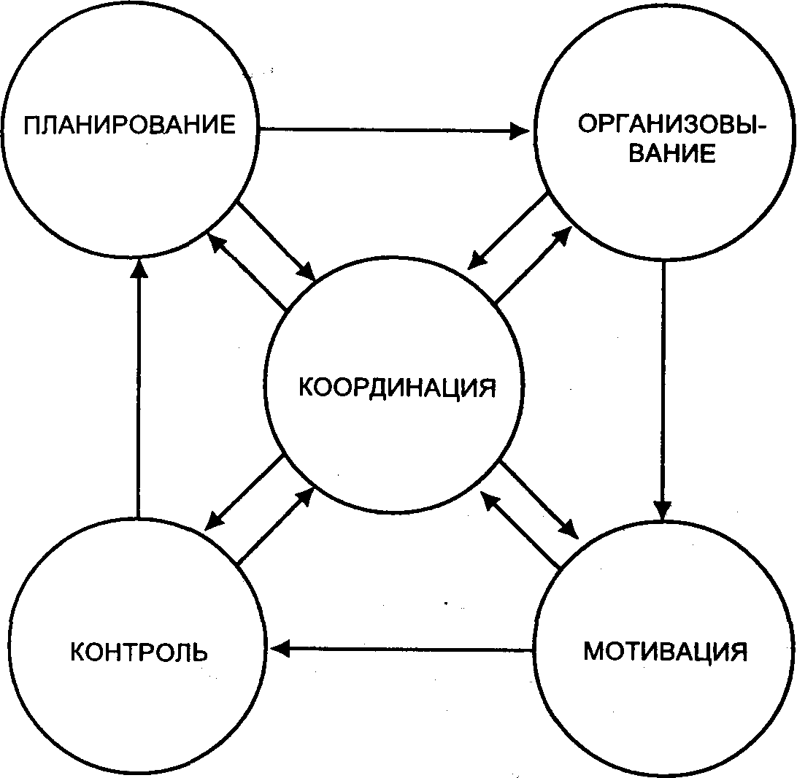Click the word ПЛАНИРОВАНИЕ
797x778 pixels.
pyautogui.click(x=130, y=125)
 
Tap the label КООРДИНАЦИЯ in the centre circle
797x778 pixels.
pyautogui.click(x=397, y=388)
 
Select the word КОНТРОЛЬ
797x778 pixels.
pyautogui.click(x=139, y=652)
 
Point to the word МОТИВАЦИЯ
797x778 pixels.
pyautogui.click(x=666, y=651)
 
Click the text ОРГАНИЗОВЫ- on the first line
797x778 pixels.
pyautogui.click(x=671, y=124)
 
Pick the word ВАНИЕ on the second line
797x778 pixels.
pyautogui.click(x=672, y=153)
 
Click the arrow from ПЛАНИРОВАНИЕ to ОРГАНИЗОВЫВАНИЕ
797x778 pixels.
pyautogui.click(x=394, y=130)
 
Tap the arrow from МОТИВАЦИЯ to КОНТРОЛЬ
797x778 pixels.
pyautogui.click(x=401, y=649)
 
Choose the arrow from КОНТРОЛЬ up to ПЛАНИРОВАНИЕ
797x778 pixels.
pyautogui.click(x=138, y=389)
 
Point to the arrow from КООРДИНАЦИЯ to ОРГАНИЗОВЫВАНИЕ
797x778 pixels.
pyautogui.click(x=534, y=264)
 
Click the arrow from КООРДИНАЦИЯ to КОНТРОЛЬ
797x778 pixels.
pyautogui.click(x=244, y=493)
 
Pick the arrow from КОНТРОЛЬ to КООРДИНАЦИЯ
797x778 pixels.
pyautogui.click(x=275, y=525)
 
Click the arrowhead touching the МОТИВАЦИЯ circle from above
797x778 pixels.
pyautogui.click(x=662, y=511)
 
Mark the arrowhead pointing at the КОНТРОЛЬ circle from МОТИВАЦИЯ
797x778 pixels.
pyautogui.click(x=280, y=649)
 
